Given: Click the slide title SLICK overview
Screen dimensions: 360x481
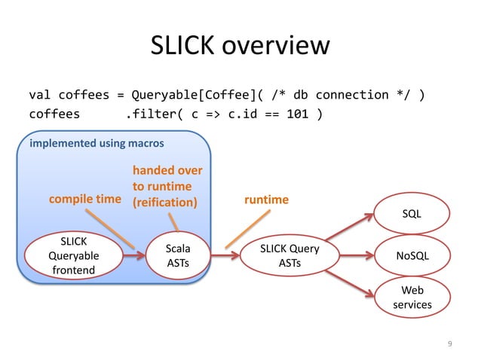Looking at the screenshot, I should coord(240,47).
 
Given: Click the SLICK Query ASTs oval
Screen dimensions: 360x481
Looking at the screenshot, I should coord(290,255).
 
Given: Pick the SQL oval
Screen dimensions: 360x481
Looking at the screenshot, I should coord(411,214).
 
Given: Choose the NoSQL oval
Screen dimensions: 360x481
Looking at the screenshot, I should coord(411,255).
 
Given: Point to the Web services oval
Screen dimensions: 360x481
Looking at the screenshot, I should coord(411,297).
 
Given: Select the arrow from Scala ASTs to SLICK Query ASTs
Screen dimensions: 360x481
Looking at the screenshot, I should coord(230,255).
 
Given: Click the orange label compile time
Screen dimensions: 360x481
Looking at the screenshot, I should coord(84,200).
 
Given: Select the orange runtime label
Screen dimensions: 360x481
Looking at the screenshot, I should coord(266,200).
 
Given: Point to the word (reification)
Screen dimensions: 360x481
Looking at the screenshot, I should coord(164,202).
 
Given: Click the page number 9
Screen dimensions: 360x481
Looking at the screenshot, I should coord(449,344).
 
